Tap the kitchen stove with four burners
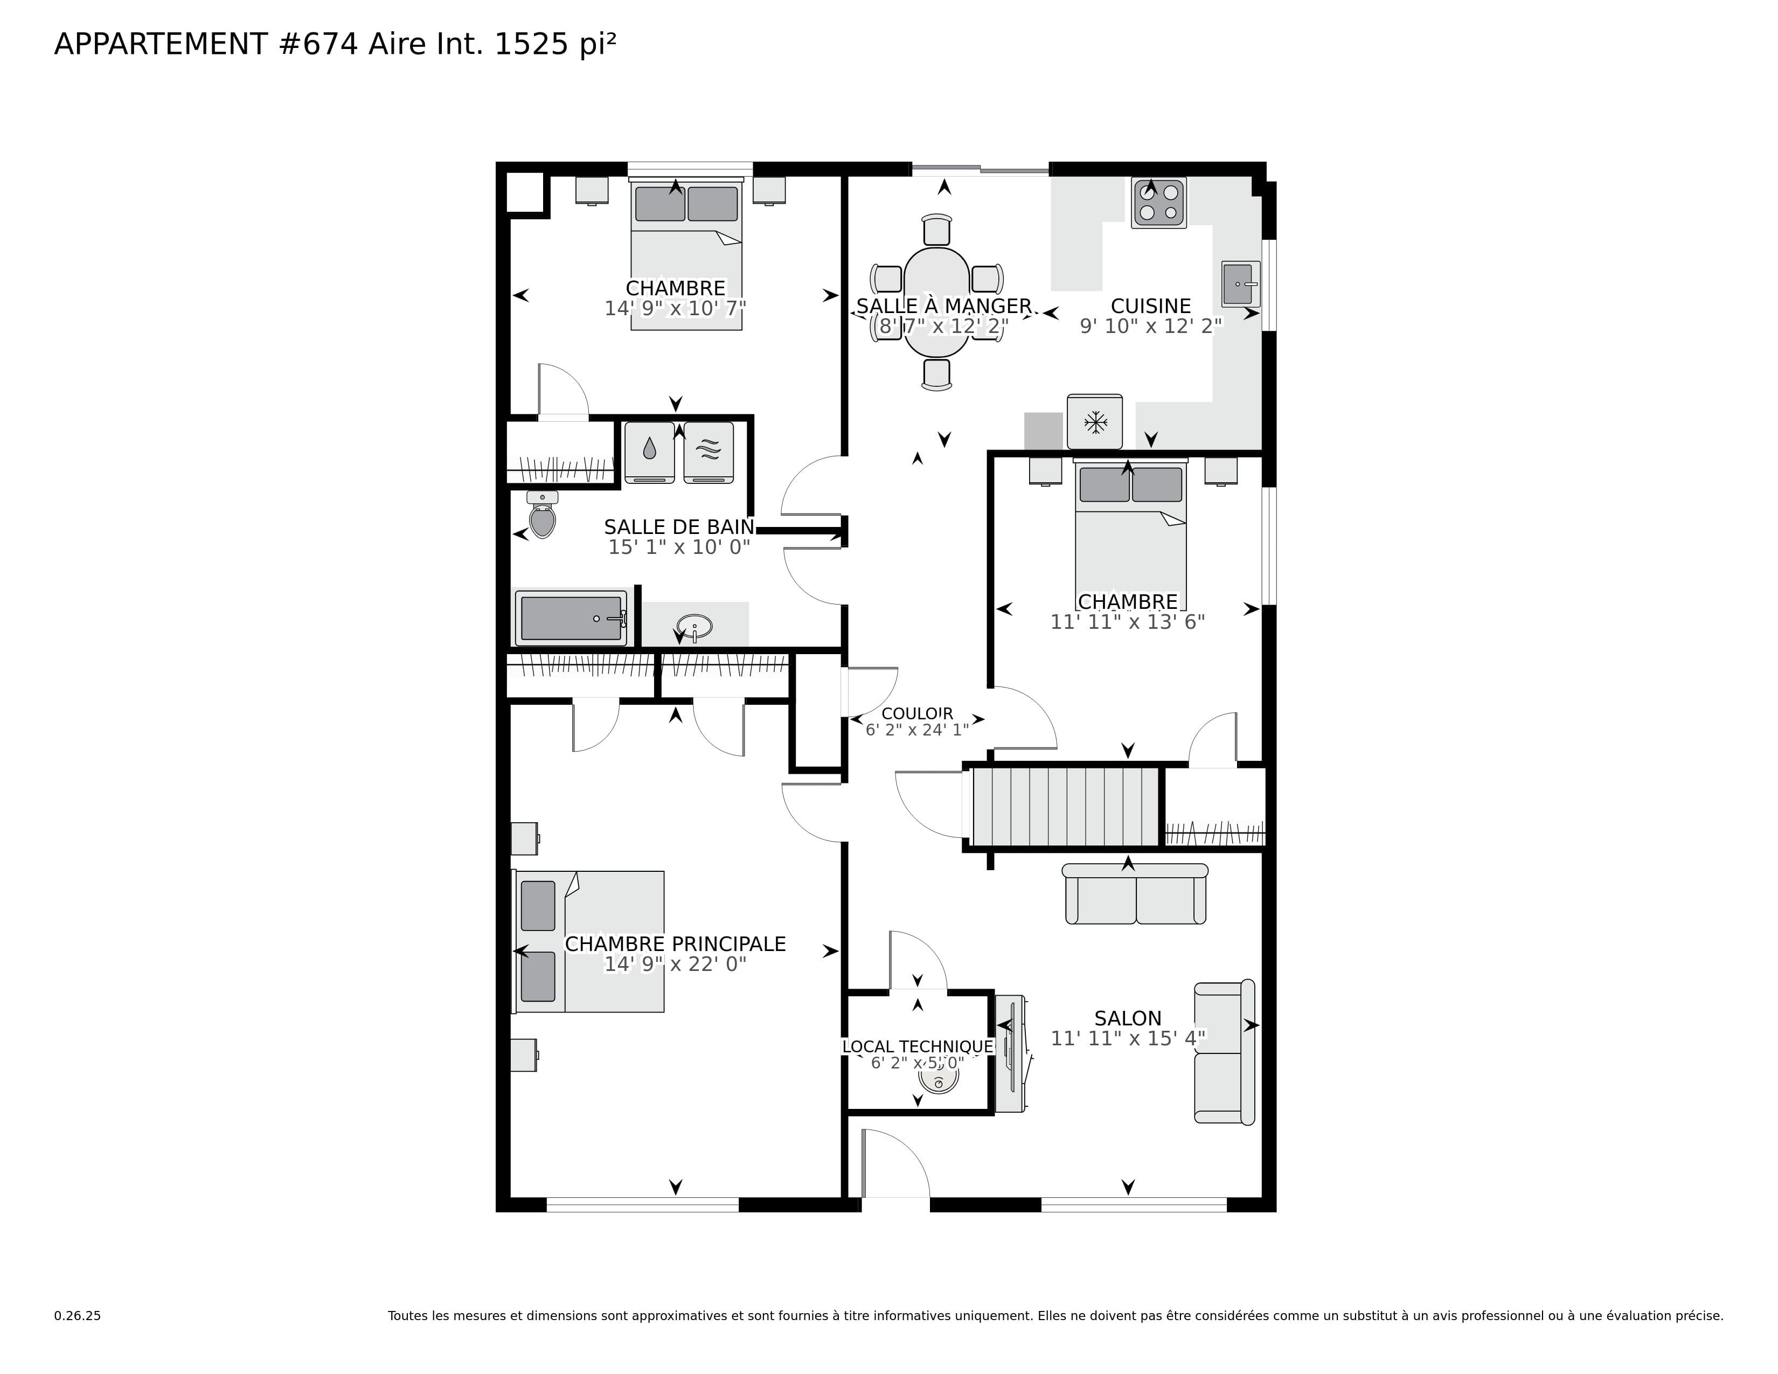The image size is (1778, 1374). (1158, 203)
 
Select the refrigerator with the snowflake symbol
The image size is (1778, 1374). (1095, 422)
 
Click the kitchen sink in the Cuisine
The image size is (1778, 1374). (1240, 284)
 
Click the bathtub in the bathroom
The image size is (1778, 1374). (571, 619)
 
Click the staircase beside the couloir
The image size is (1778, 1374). (1065, 807)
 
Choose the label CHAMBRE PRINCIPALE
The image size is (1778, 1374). (675, 944)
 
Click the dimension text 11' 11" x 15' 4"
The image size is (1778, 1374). (1128, 1039)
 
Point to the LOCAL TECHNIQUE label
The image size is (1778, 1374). (918, 1047)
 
